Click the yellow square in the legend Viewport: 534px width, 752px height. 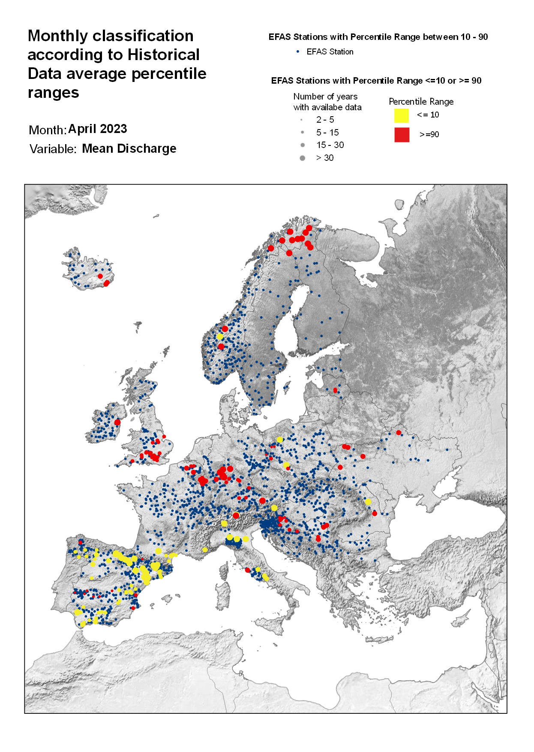(402, 115)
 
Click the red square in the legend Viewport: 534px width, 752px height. (402, 135)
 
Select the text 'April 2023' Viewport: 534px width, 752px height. (98, 129)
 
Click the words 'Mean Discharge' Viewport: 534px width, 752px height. (129, 149)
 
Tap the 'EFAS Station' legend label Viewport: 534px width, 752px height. (330, 52)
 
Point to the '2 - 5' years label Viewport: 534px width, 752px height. (325, 120)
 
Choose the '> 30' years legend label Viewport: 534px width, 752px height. (325, 158)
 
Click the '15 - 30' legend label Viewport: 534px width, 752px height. (330, 145)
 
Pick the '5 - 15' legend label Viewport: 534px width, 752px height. (327, 133)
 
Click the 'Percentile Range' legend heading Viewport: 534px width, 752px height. (421, 102)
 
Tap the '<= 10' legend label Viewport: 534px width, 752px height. (428, 115)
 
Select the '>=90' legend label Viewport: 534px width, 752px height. (429, 135)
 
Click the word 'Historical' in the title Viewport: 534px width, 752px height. (164, 55)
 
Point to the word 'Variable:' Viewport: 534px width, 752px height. (53, 149)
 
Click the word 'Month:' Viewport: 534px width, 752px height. (48, 130)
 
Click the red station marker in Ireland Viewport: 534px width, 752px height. (117, 423)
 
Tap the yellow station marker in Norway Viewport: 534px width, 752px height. (220, 337)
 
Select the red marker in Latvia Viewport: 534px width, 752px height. (335, 390)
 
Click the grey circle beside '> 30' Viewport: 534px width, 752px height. (303, 158)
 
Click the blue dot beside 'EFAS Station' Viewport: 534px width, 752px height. (298, 51)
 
